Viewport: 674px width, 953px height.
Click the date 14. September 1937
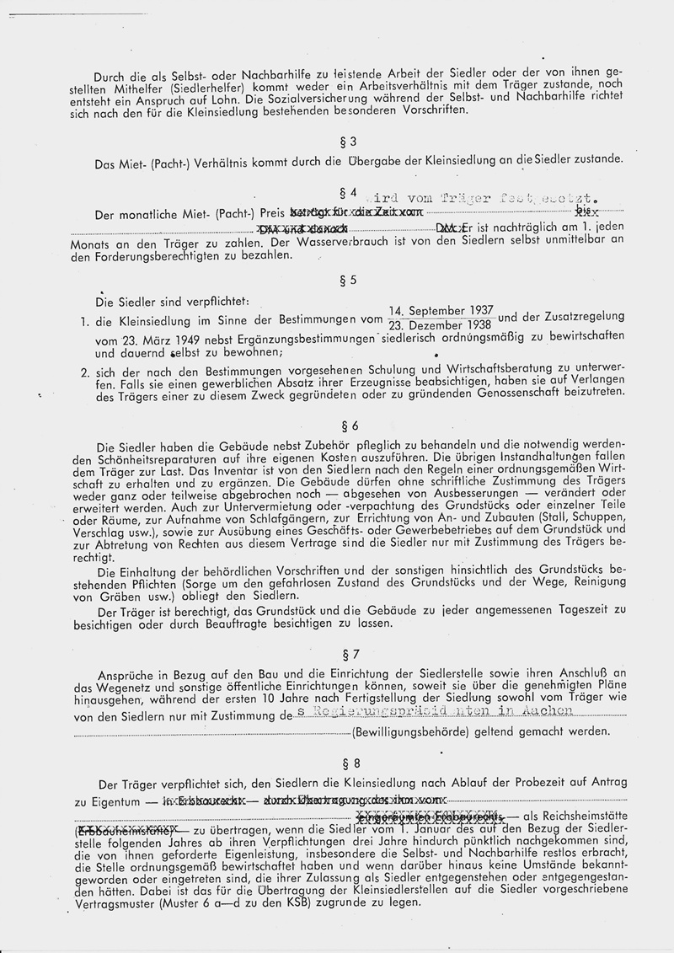point(441,310)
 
